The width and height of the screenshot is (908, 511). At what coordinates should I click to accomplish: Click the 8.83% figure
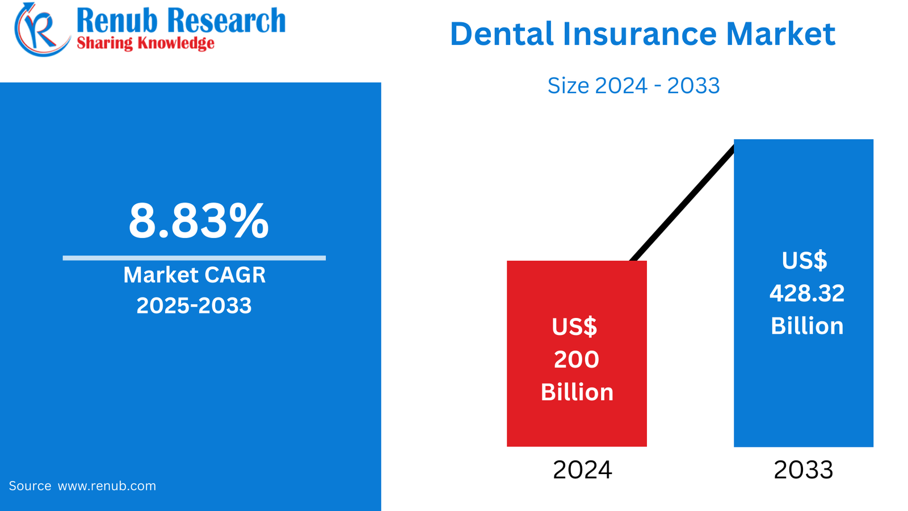coord(198,221)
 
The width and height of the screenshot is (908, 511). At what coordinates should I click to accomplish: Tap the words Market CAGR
coord(194,275)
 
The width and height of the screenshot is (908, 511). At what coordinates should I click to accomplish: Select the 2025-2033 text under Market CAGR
coord(194,306)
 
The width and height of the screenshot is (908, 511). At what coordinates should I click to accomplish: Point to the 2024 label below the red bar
coord(582,470)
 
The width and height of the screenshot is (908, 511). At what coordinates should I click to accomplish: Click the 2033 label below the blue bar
coord(803,470)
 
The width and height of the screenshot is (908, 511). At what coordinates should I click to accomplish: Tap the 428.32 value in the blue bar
coord(807,294)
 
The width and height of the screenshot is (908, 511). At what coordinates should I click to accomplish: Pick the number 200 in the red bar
coord(577,359)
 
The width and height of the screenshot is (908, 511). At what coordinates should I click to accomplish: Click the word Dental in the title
coord(502,34)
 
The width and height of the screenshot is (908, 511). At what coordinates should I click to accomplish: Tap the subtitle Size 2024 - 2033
coord(633,86)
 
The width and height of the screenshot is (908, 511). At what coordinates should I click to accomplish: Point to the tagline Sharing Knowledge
coord(145,43)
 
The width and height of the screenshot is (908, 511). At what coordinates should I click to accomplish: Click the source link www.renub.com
coord(107,486)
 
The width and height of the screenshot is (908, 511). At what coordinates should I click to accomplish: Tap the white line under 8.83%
coord(194,258)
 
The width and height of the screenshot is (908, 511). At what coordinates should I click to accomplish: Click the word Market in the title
coord(780,34)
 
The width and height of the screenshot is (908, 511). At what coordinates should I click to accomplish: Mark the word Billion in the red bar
coord(577,392)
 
